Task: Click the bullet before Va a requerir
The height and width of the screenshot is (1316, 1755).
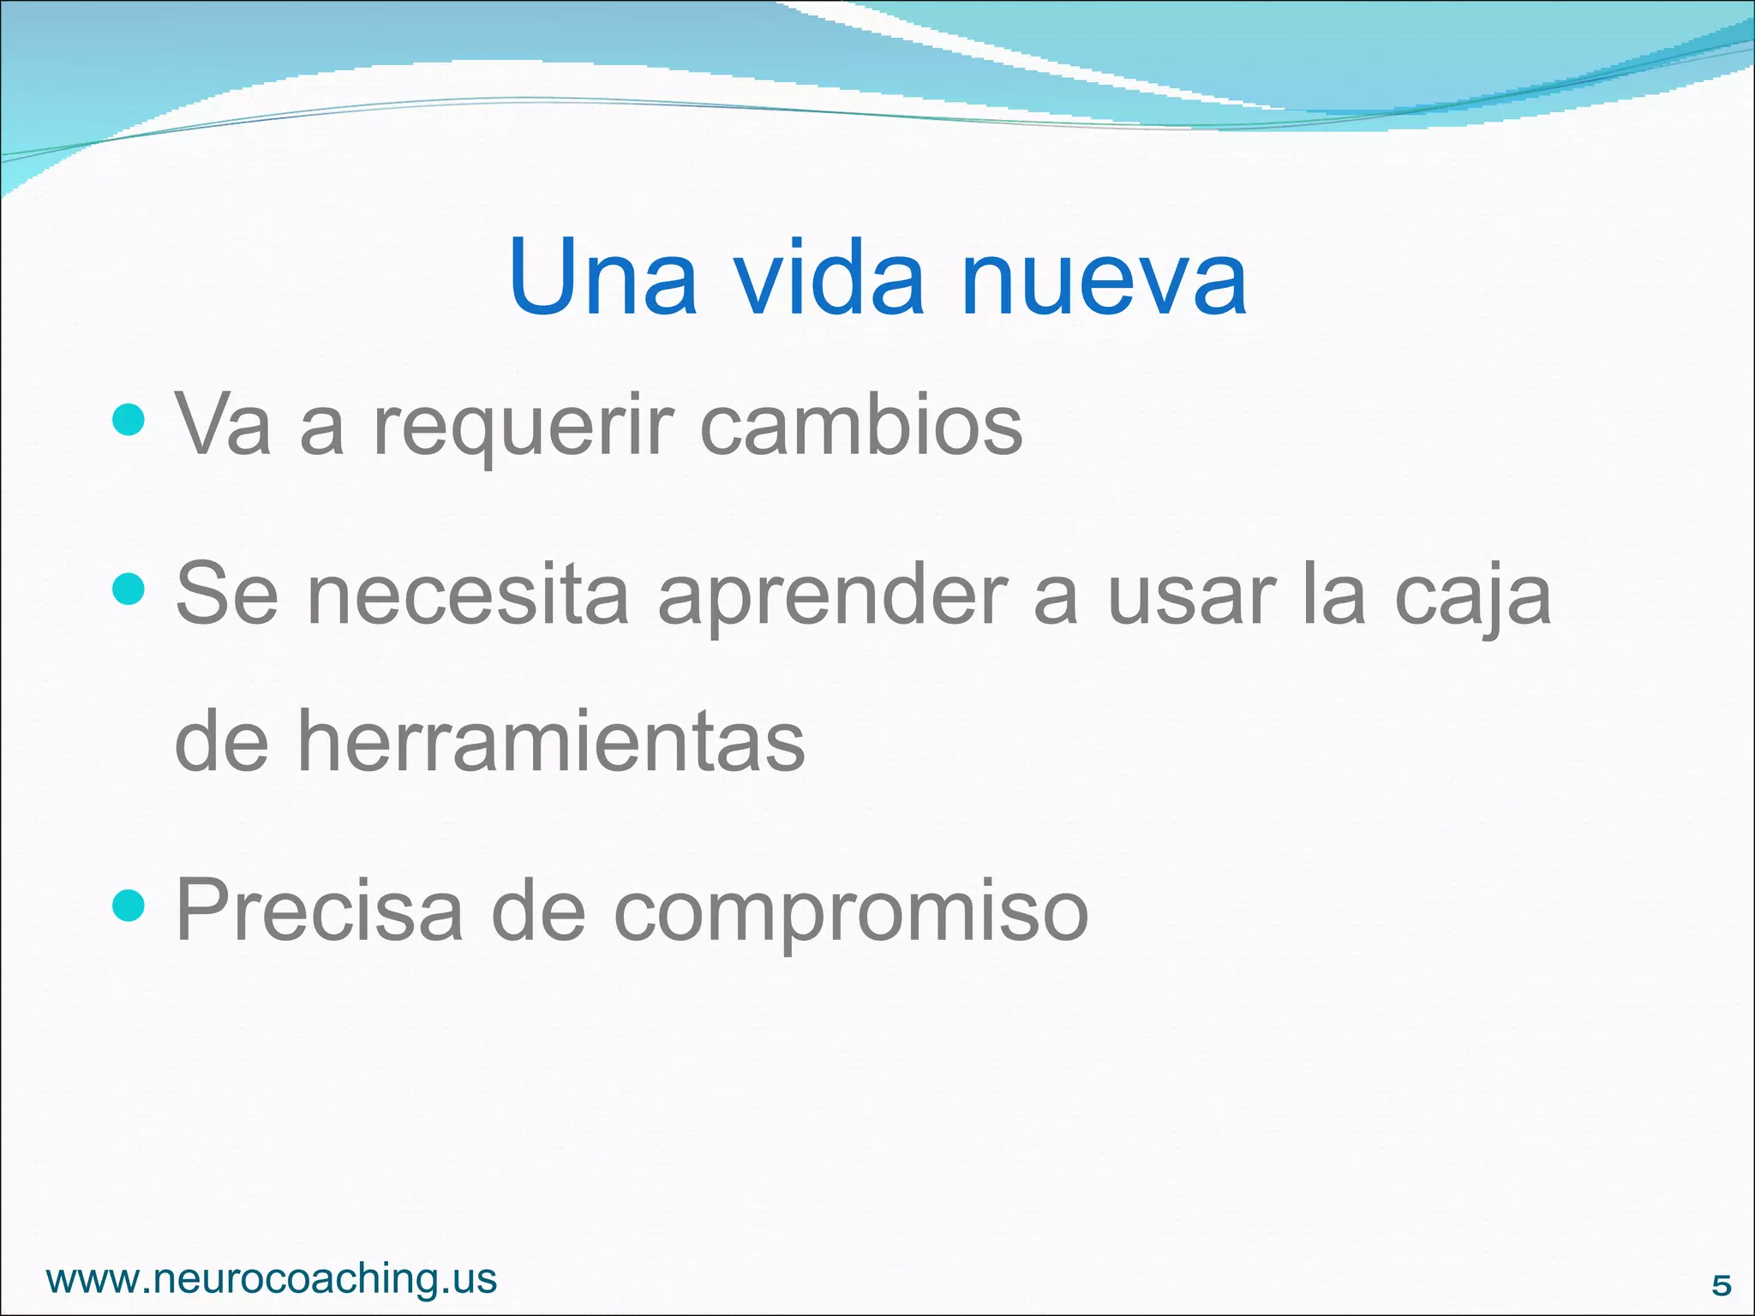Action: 129,420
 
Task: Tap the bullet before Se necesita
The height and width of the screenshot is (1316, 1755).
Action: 129,589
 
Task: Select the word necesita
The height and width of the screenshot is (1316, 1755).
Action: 468,596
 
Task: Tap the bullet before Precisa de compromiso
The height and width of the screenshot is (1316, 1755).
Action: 129,905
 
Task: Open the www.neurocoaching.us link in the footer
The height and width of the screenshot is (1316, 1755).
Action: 272,1279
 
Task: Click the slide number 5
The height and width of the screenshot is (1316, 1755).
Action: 1721,1285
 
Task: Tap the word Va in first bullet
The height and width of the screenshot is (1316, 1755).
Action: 223,426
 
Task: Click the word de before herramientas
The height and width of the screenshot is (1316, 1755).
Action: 221,741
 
